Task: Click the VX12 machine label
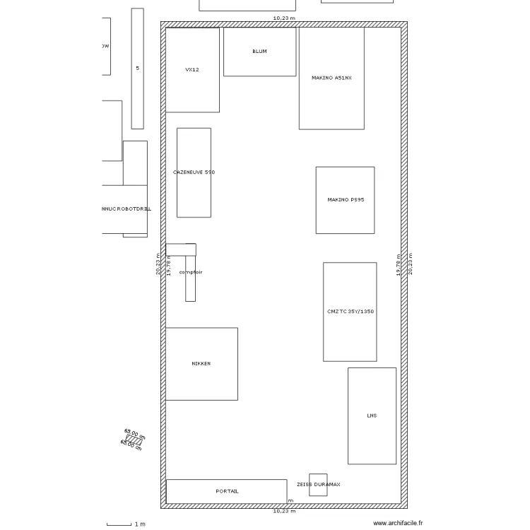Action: pyautogui.click(x=192, y=70)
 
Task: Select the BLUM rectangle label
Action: pyautogui.click(x=259, y=52)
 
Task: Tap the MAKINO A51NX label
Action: pyautogui.click(x=331, y=78)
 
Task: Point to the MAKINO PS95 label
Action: pyautogui.click(x=346, y=200)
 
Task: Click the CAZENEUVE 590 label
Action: pyautogui.click(x=194, y=172)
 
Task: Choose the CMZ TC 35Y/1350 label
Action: pyautogui.click(x=351, y=312)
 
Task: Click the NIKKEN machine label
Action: pyautogui.click(x=201, y=364)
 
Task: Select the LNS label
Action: pyautogui.click(x=372, y=416)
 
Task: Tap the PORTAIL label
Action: pyautogui.click(x=227, y=491)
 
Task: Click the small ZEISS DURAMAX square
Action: pyautogui.click(x=318, y=485)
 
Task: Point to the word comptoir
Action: pyautogui.click(x=191, y=272)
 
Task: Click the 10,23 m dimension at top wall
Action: pyautogui.click(x=284, y=18)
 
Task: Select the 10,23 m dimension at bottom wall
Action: pyautogui.click(x=284, y=511)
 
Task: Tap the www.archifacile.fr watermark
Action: pyautogui.click(x=398, y=523)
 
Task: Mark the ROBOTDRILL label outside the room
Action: pyautogui.click(x=126, y=209)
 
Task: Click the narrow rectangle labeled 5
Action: pyautogui.click(x=137, y=69)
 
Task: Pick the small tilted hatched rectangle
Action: pyautogui.click(x=134, y=440)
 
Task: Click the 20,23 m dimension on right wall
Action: pyautogui.click(x=410, y=264)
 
